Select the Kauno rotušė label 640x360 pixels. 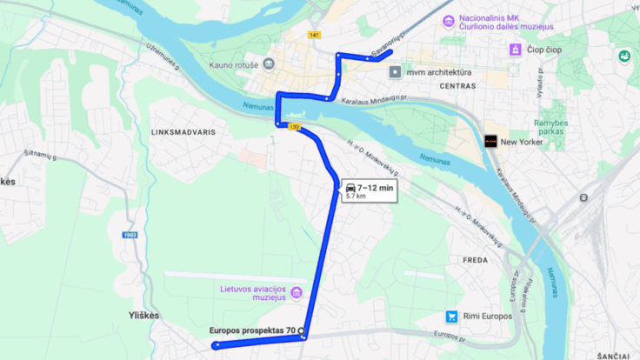(234, 63)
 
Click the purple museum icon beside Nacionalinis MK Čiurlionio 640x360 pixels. (448, 21)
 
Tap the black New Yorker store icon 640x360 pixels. (490, 141)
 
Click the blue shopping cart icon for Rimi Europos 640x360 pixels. (451, 317)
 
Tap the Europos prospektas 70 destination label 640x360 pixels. (252, 330)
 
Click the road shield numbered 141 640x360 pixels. (314, 35)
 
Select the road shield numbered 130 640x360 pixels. (294, 127)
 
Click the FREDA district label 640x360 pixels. (475, 260)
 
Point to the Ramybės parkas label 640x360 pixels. (550, 129)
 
